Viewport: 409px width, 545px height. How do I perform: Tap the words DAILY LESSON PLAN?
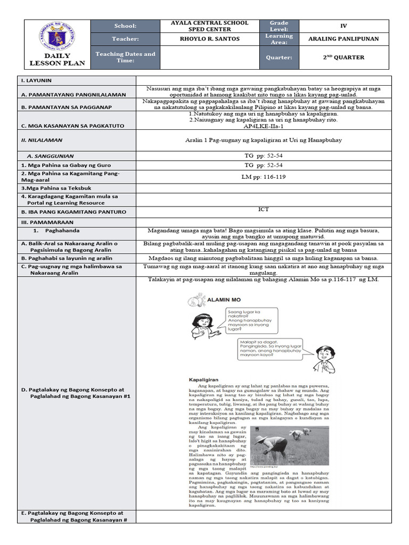coord(57,60)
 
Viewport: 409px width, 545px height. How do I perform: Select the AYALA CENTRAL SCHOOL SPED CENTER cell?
coord(209,26)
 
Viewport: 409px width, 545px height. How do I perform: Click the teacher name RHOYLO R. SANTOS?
coord(209,39)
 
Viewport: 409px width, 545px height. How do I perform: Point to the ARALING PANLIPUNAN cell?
coord(343,39)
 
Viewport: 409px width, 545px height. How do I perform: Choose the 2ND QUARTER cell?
coord(343,57)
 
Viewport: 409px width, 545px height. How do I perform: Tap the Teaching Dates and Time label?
coord(125,57)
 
